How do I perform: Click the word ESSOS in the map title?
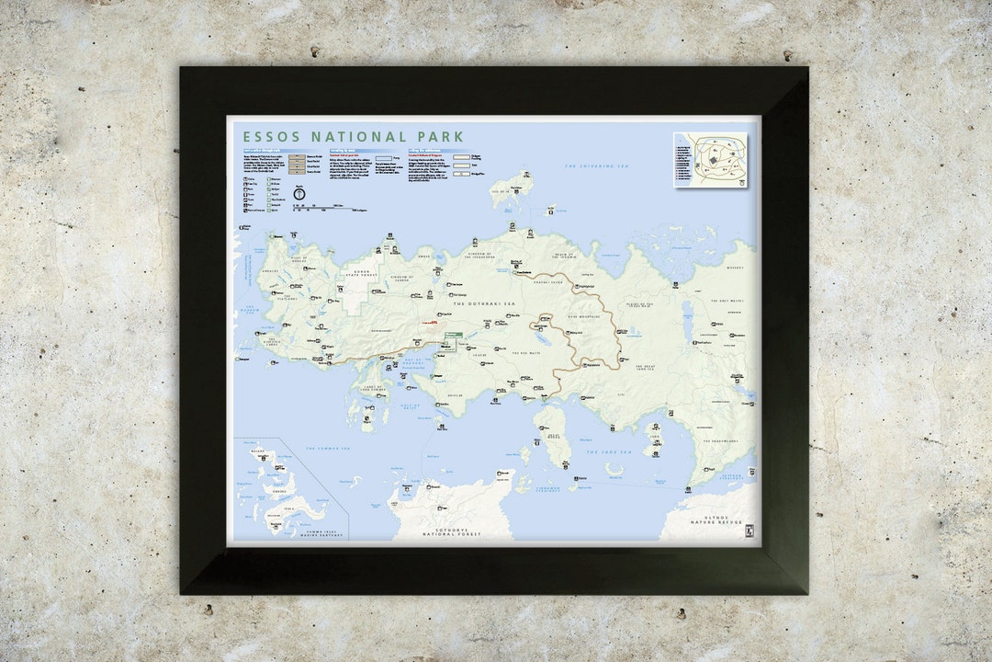273,136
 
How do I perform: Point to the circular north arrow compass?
299,193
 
